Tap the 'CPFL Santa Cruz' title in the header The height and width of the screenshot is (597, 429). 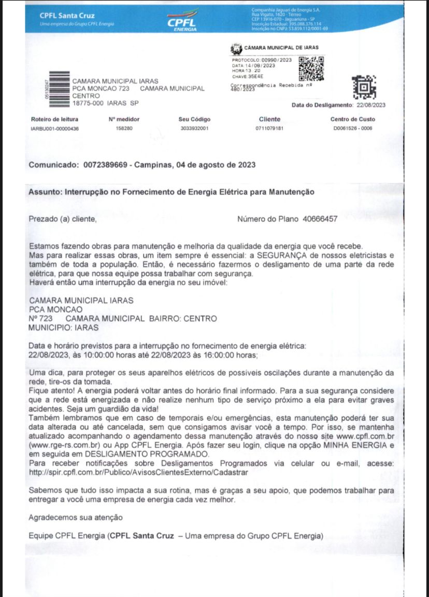point(67,15)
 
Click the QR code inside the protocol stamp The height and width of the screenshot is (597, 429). point(311,68)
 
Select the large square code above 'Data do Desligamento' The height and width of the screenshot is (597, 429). point(364,88)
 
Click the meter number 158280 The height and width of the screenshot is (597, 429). point(124,129)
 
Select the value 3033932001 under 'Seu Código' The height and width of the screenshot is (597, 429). point(194,129)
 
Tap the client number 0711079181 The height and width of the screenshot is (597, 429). point(269,129)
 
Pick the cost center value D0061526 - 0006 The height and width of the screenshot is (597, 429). point(352,129)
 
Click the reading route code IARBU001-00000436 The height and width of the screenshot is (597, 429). point(55,129)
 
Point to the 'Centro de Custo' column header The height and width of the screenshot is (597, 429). point(352,119)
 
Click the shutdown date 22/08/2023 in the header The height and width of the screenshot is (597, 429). point(371,105)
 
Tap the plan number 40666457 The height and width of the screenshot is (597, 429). point(320,219)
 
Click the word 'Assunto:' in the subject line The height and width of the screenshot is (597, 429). point(45,191)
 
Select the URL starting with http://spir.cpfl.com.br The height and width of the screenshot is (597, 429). point(138,473)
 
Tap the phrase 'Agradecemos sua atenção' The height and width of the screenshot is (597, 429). point(76,517)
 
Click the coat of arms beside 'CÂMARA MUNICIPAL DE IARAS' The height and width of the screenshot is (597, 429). point(236,50)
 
